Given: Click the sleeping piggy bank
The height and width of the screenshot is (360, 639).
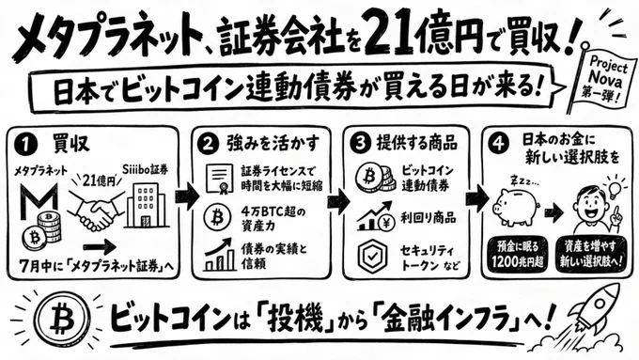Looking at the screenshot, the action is (x=516, y=205).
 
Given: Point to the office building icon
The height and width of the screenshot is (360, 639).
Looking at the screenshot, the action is (x=146, y=205).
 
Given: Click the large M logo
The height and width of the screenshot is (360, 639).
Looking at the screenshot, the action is (x=39, y=201).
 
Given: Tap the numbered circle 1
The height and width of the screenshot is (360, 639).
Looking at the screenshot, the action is (x=24, y=145).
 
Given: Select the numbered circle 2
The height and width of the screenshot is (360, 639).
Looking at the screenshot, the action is (x=208, y=145).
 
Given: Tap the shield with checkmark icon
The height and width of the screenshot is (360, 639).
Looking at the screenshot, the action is (x=371, y=256).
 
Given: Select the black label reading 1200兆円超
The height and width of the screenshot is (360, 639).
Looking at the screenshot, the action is (x=517, y=254).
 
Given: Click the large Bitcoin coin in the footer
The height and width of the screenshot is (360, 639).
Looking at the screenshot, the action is (x=63, y=318).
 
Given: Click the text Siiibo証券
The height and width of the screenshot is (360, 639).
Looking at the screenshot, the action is (x=146, y=169).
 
